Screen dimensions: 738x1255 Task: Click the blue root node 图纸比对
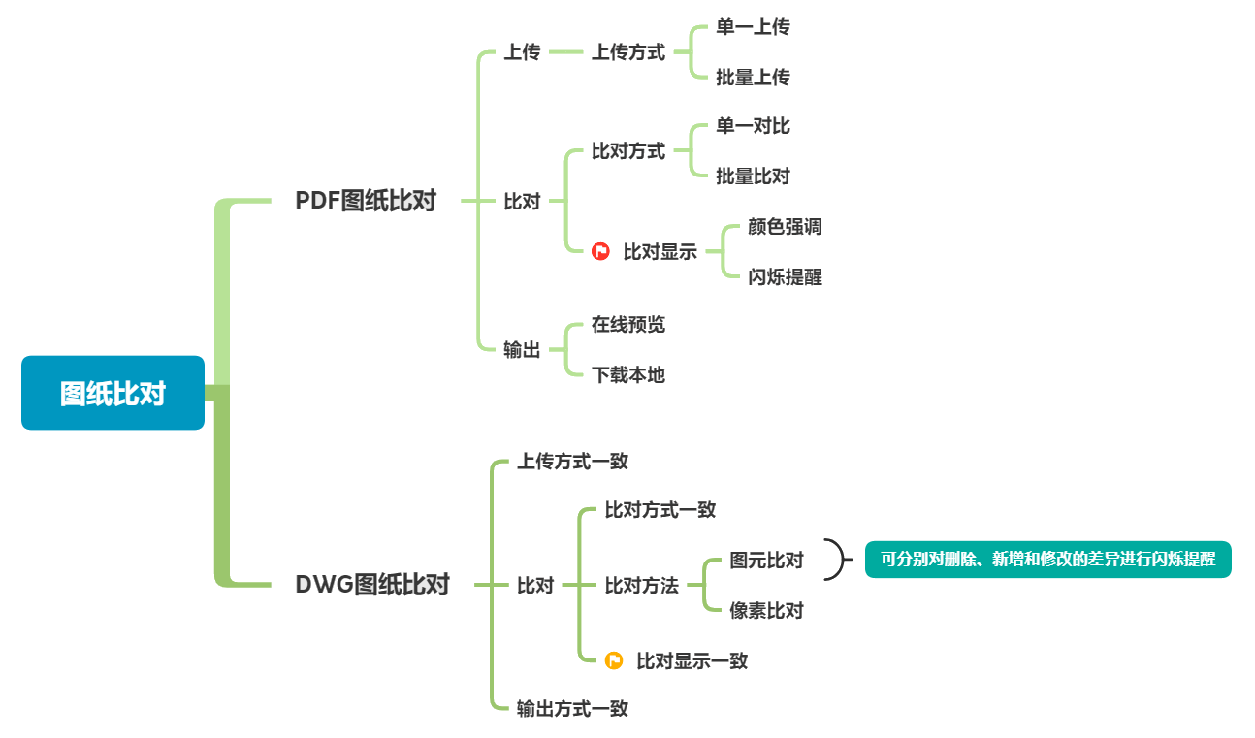[x=113, y=393]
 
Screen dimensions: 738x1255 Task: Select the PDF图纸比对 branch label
[x=366, y=201]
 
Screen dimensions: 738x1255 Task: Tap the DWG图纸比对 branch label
[x=371, y=585]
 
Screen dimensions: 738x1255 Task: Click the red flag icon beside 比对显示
[x=600, y=252]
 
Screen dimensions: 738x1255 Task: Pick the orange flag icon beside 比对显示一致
[x=614, y=660]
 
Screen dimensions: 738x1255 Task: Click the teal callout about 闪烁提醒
[x=1047, y=560]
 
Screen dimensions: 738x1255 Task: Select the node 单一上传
[x=753, y=27]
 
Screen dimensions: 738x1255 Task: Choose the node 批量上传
[x=753, y=78]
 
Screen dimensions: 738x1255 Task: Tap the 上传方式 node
[x=628, y=52]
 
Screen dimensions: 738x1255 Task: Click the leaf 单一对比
[x=753, y=126]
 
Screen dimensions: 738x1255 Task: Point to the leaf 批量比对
[x=753, y=176]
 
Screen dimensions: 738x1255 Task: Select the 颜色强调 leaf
[x=785, y=227]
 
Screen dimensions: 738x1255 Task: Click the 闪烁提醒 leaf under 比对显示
[x=785, y=277]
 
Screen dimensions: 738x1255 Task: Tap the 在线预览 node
[x=628, y=325]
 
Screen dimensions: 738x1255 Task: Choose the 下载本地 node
[x=628, y=375]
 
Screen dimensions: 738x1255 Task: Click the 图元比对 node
[x=766, y=561]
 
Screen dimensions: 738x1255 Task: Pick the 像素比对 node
[x=766, y=611]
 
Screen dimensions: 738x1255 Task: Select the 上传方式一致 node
[x=572, y=462]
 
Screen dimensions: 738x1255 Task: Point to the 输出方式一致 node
[x=572, y=709]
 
